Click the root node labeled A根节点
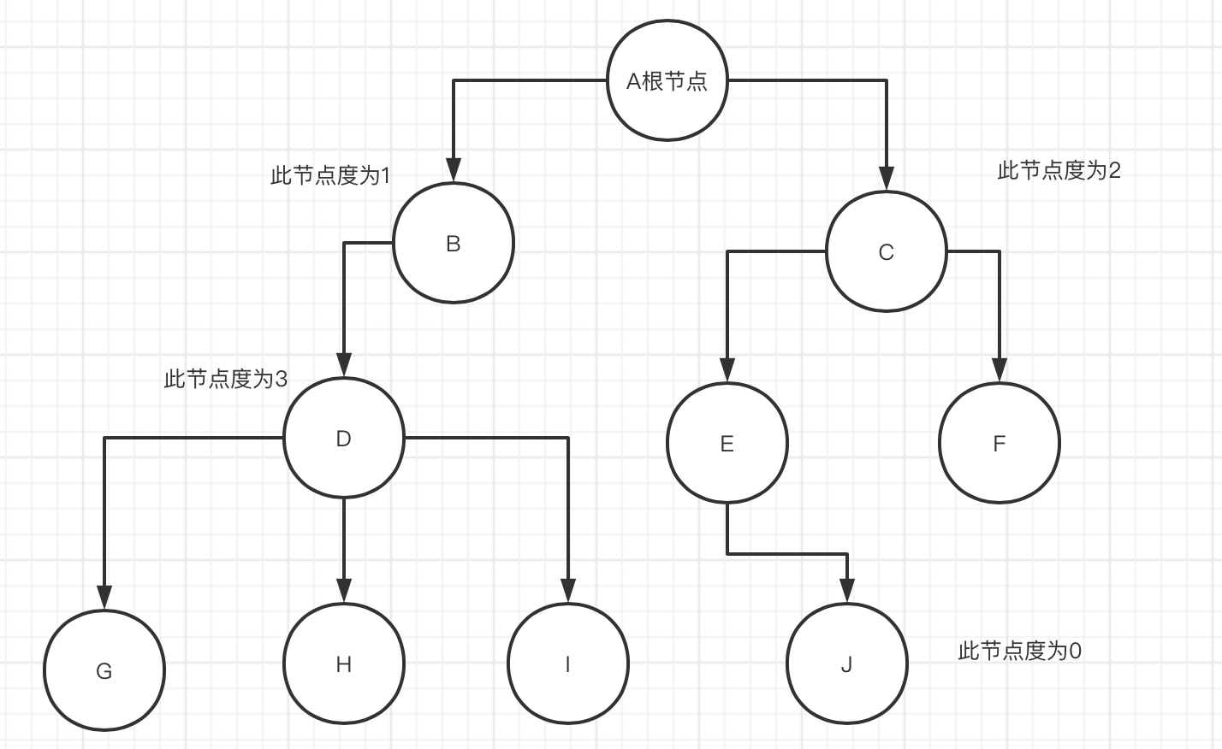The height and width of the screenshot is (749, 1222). pos(667,81)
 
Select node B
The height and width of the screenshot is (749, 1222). pos(454,244)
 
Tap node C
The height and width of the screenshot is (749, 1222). pos(887,252)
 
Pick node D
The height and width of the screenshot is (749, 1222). pos(343,439)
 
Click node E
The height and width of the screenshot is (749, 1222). pos(727,444)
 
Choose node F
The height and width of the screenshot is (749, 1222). pos(1000,444)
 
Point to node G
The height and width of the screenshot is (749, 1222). pos(104,671)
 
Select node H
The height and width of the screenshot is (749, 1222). pos(343,664)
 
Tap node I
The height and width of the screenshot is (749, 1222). pos(568,664)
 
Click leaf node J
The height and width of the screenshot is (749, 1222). pos(847,664)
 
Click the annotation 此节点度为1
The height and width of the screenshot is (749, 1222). pos(330,176)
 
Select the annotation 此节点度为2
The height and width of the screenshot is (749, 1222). pos(1059,171)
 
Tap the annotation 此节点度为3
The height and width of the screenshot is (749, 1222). pos(226,379)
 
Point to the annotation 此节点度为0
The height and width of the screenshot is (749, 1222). pos(1019,652)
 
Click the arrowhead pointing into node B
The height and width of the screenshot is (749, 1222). pos(454,171)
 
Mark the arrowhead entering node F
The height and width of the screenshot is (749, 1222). pos(1000,370)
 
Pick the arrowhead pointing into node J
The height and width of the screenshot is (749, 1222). pos(847,591)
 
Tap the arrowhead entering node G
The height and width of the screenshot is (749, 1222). pos(104,598)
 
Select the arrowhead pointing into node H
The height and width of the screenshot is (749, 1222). pos(343,591)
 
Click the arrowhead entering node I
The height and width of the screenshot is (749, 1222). pos(568,591)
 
